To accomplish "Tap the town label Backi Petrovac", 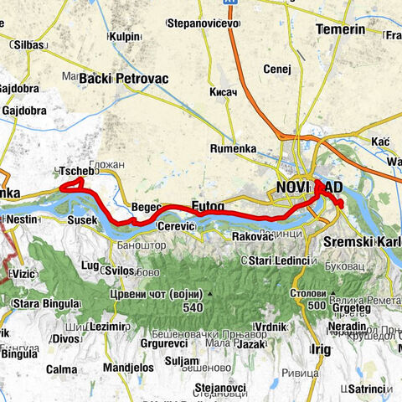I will click(x=124, y=79).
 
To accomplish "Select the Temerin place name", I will click(x=341, y=29).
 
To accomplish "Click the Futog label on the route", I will click(x=208, y=205).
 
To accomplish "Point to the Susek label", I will click(x=83, y=220).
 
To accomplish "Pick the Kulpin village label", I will click(x=124, y=37).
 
